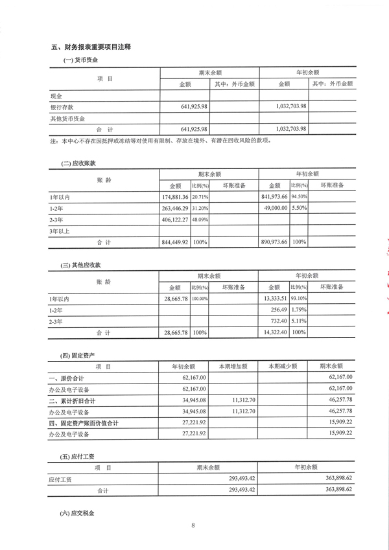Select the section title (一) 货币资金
click(80, 60)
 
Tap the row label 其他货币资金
click(67, 119)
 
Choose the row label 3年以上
click(58, 231)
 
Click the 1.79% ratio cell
click(298, 310)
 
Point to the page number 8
click(193, 525)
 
